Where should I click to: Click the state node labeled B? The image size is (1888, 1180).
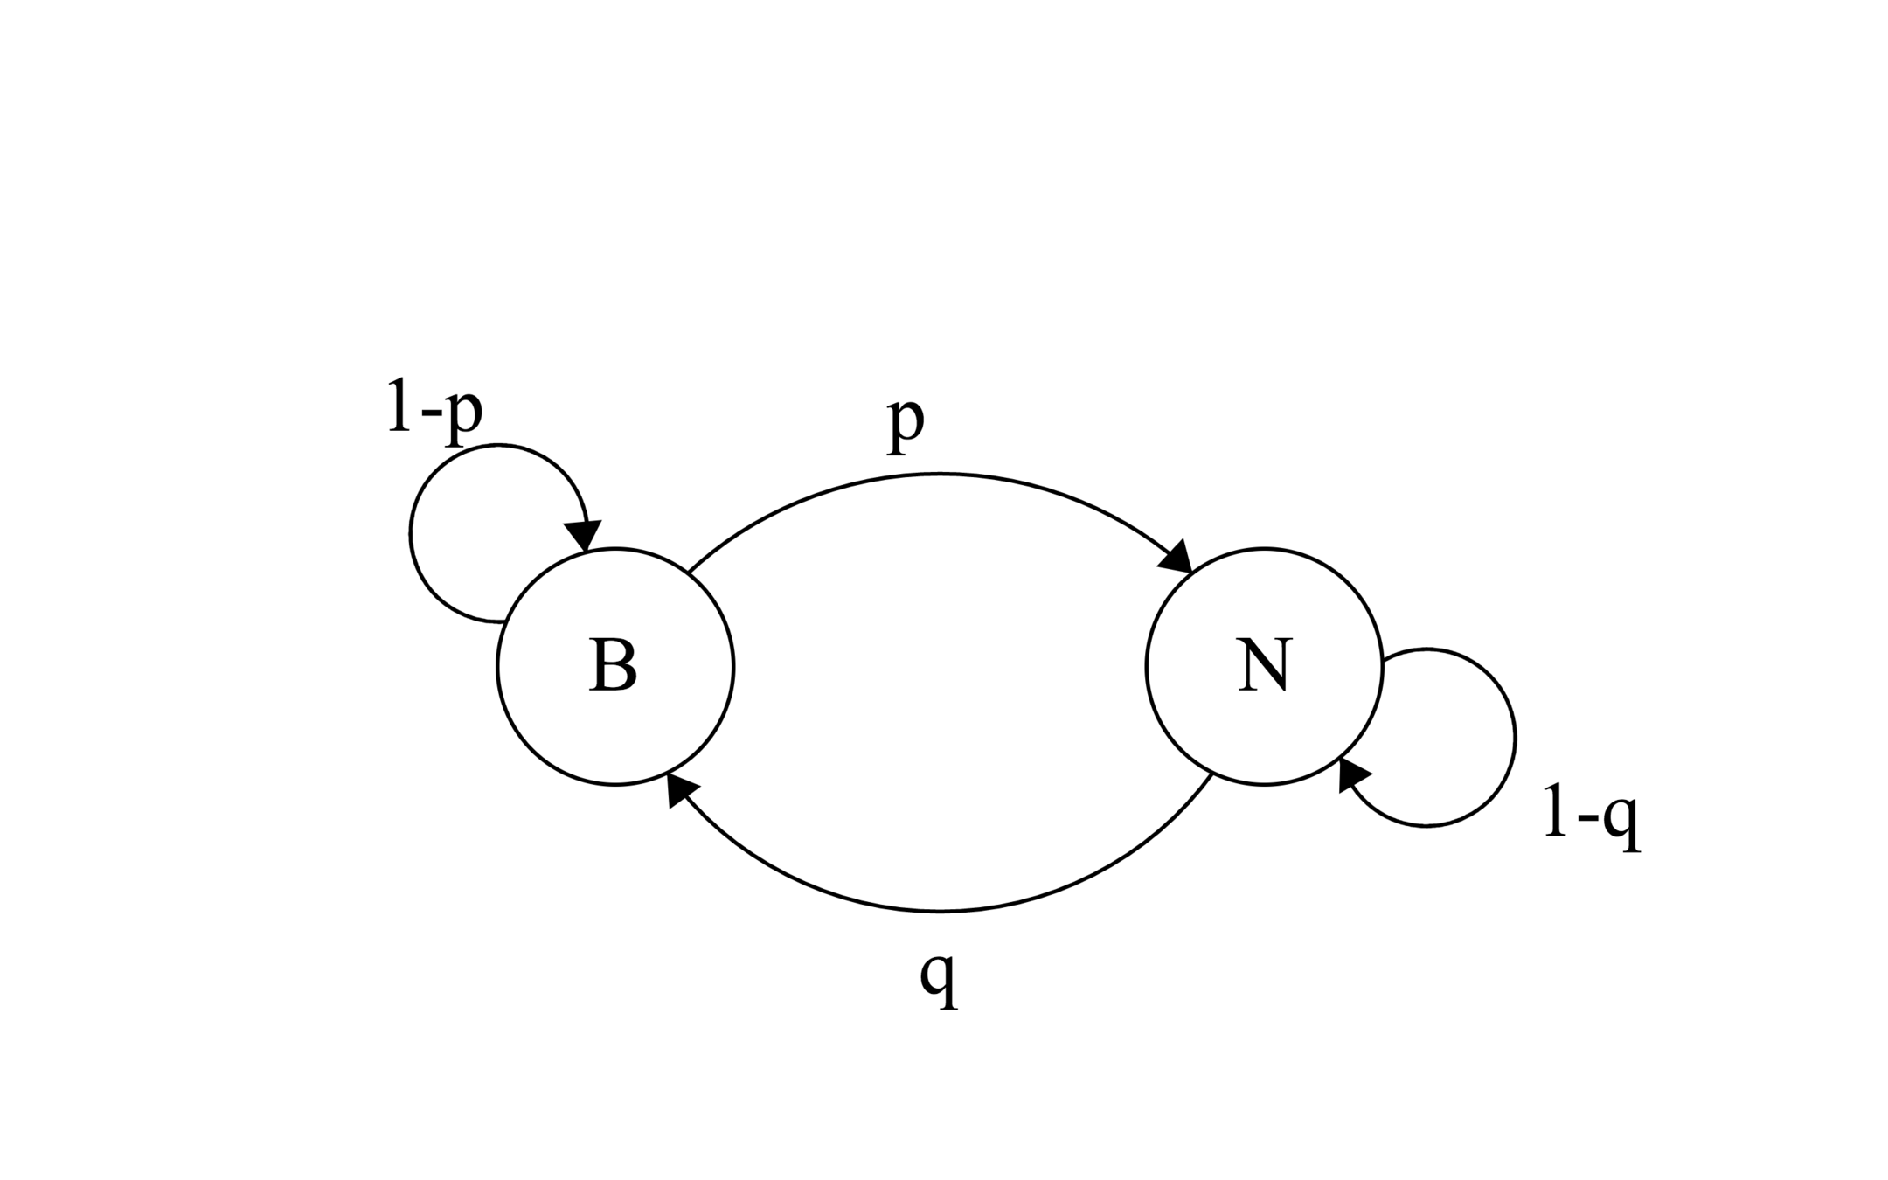click(614, 666)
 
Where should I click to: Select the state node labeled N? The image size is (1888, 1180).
click(1264, 666)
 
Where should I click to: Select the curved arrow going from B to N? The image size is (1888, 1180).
click(940, 475)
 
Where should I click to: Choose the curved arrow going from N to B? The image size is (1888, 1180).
click(940, 912)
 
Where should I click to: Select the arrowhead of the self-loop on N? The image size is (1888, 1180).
click(1353, 774)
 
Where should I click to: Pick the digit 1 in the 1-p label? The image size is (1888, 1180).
click(399, 406)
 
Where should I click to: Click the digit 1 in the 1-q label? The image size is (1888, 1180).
click(1555, 813)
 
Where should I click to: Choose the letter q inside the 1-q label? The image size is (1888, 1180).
click(1622, 822)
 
